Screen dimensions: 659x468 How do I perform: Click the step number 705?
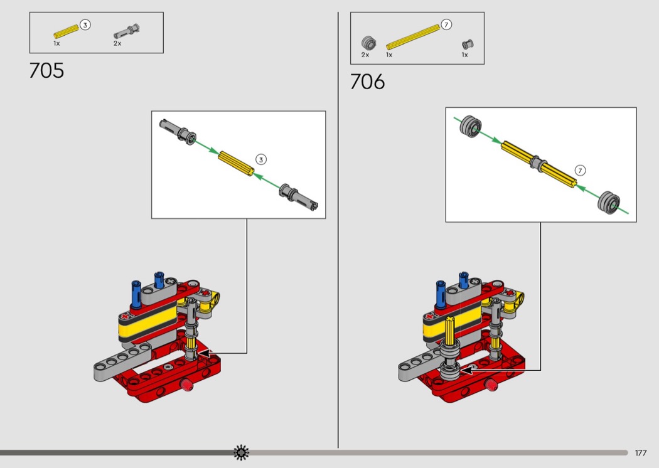46,71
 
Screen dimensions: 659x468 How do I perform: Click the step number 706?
367,82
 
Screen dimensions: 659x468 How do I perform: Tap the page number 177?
641,453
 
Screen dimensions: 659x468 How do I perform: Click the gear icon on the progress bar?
241,452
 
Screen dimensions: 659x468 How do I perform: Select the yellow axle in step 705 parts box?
67,32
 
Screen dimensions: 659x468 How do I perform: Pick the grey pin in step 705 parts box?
127,32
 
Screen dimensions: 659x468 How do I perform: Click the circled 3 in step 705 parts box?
85,25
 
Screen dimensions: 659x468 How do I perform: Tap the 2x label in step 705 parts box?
117,43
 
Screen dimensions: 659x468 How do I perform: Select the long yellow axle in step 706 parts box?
413,38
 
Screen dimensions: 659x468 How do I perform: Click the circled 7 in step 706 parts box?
446,25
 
